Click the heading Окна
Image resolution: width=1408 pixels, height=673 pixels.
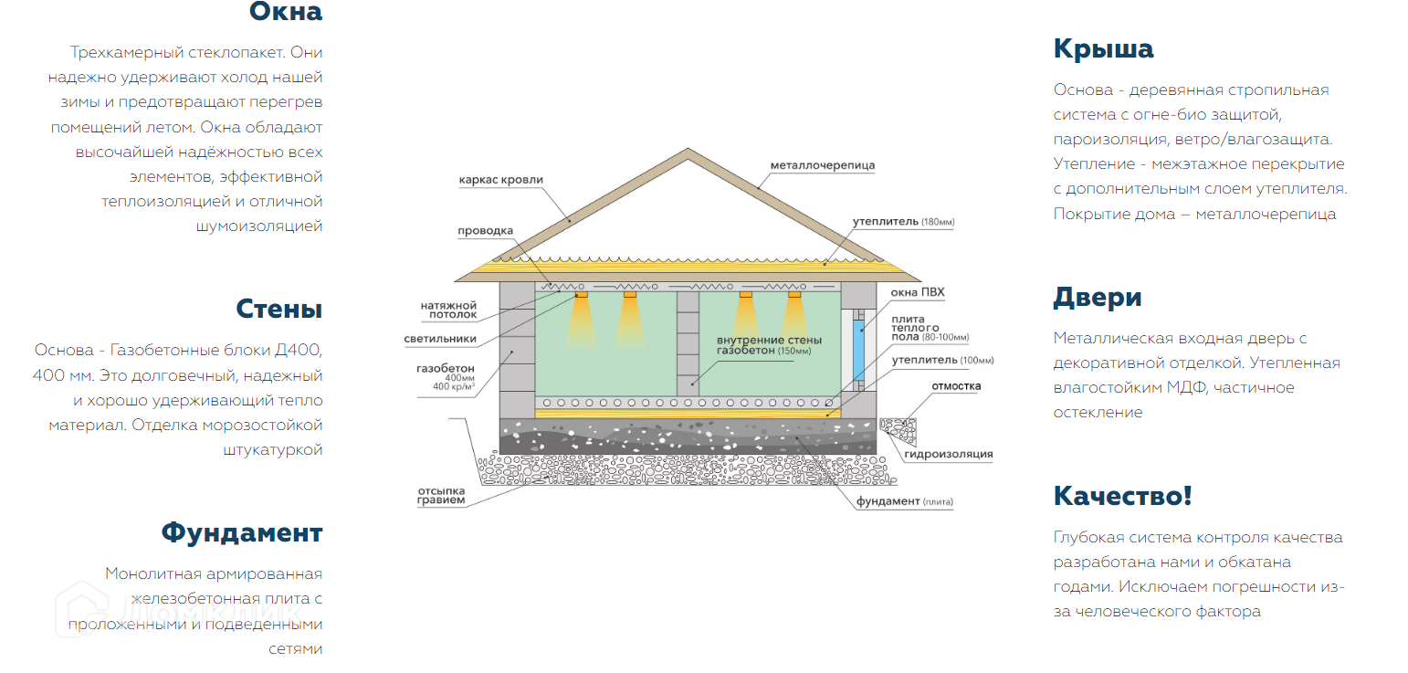point(285,13)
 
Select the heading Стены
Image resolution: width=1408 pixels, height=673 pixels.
point(278,309)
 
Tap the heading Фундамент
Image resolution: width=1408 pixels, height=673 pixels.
point(242,532)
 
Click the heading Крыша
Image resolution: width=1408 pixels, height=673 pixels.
point(1103,48)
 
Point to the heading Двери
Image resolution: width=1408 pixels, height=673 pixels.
point(1098,298)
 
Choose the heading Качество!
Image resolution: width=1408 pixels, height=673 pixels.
point(1122,496)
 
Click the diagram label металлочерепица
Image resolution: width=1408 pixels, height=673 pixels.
point(822,165)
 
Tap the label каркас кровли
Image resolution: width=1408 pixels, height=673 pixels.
point(500,180)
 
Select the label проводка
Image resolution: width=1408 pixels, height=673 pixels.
point(486,231)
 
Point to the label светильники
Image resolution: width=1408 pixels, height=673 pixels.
point(440,339)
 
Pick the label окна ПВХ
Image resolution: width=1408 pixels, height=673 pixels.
point(918,293)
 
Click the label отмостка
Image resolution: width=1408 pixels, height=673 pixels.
point(956,386)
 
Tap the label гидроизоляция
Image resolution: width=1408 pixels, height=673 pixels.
point(948,454)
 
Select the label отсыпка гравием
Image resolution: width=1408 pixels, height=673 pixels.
point(441,495)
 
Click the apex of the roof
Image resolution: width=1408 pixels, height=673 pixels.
point(688,150)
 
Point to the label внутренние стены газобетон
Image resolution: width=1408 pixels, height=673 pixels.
point(763,345)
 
